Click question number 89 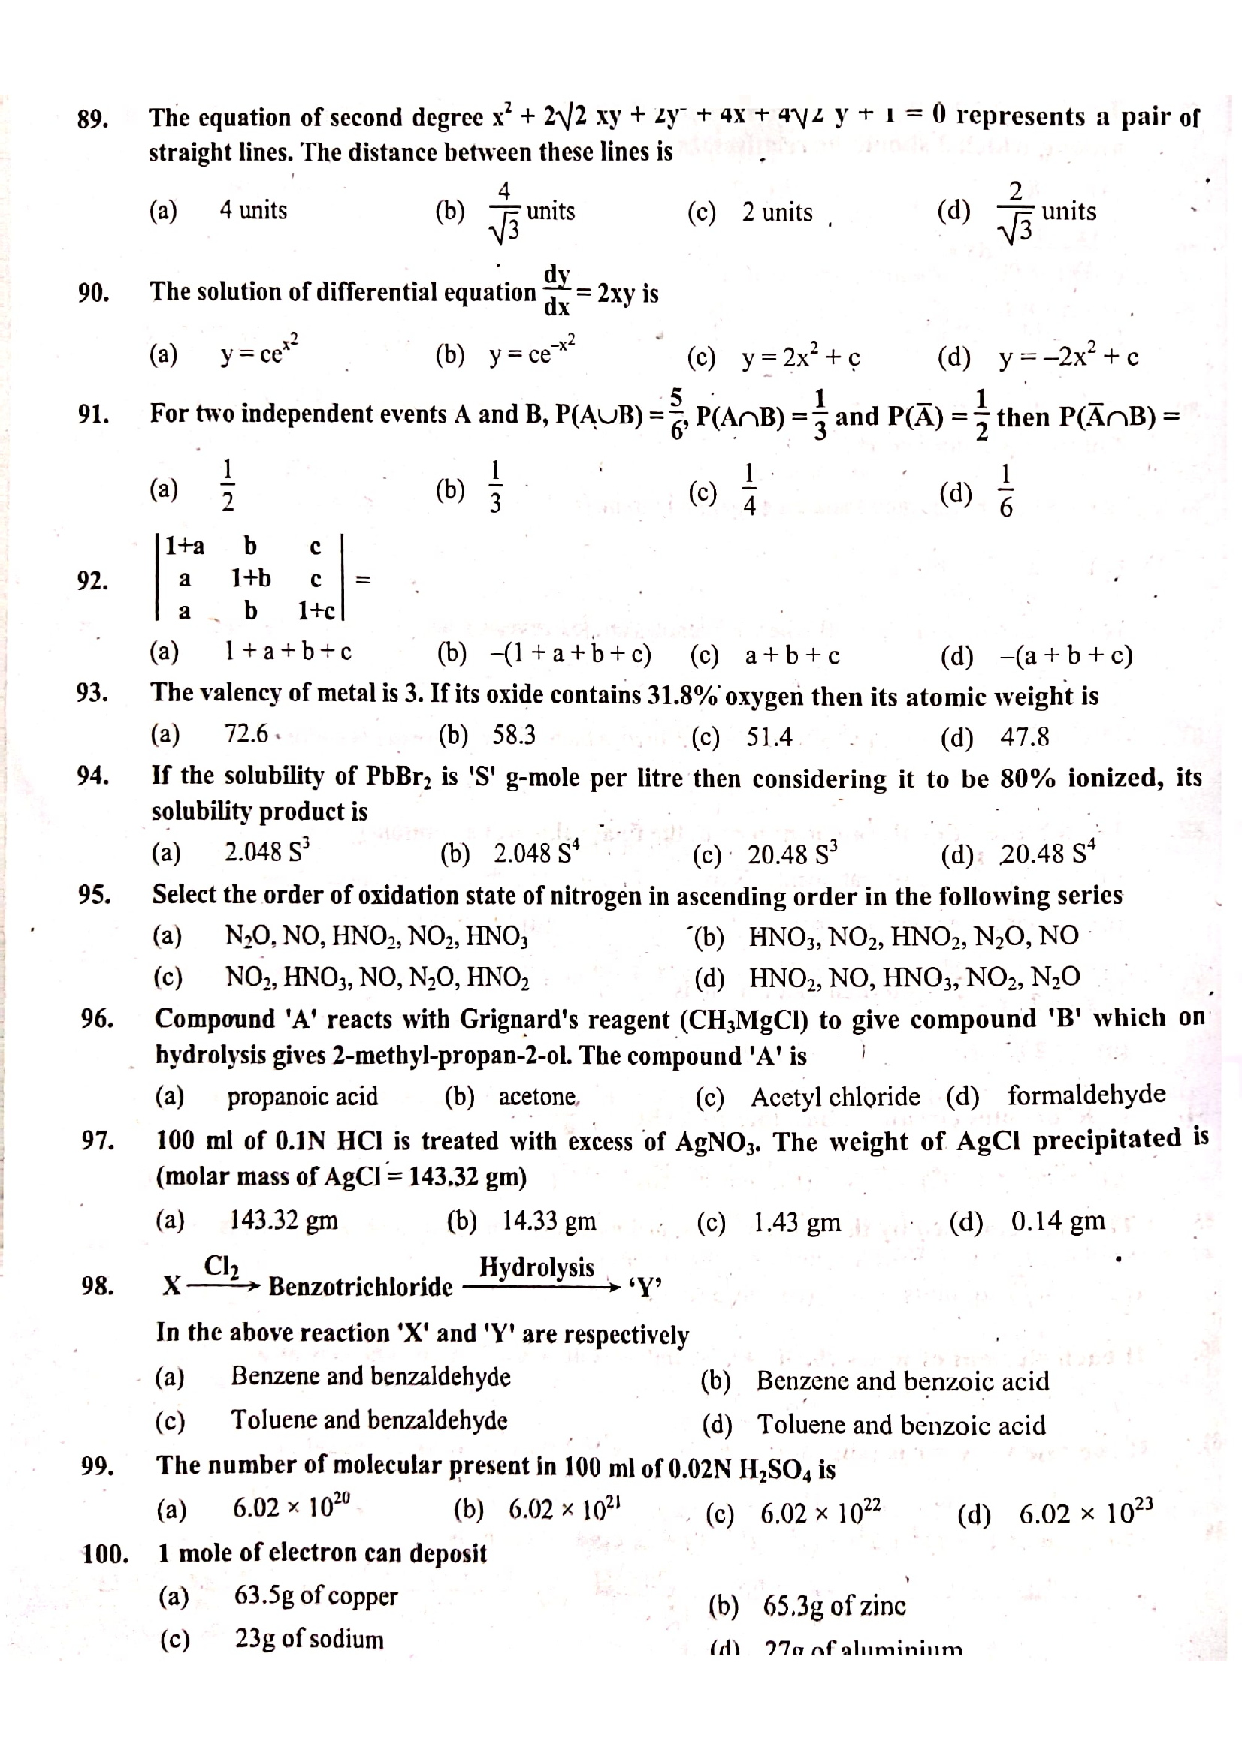(92, 120)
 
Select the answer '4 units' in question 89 (253, 210)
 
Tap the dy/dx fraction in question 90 (556, 291)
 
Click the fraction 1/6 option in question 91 (1006, 490)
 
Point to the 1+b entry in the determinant (251, 578)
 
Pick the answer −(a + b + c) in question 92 (1066, 655)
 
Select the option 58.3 (513, 736)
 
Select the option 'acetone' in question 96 (537, 1097)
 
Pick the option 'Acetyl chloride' (835, 1097)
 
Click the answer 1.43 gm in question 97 (797, 1222)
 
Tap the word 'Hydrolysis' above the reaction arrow (536, 1267)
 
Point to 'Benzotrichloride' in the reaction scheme (361, 1287)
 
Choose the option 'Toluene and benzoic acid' (902, 1426)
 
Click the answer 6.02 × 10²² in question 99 (820, 1513)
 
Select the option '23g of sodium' (309, 1639)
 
